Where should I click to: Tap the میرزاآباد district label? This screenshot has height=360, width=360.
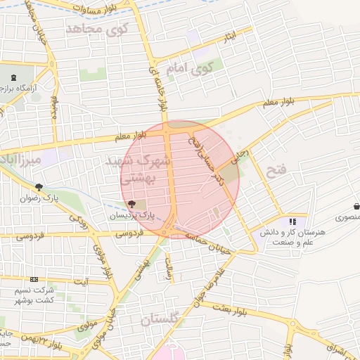[21, 160]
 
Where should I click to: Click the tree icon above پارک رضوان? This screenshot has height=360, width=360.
[39, 187]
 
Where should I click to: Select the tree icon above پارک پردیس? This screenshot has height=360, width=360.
[133, 203]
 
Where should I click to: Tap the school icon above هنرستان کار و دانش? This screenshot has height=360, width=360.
[292, 221]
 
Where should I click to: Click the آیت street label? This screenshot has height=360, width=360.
[82, 282]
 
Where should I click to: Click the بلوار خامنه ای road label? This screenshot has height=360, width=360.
[159, 88]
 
